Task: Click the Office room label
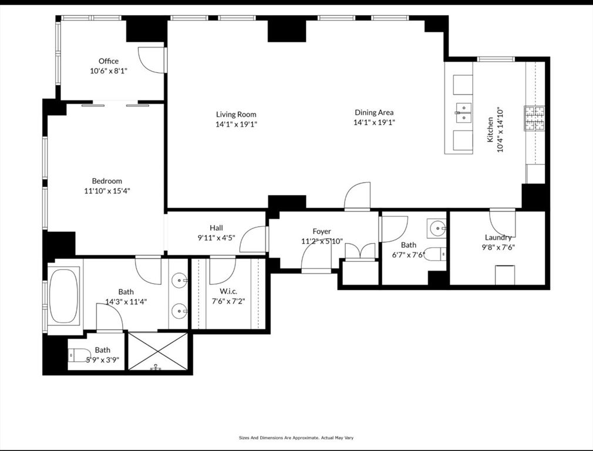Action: click(x=108, y=61)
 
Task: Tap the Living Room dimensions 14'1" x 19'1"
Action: click(x=236, y=124)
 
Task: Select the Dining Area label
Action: click(x=374, y=112)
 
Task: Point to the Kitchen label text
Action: click(x=490, y=130)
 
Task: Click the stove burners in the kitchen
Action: click(x=534, y=118)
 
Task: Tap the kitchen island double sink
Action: click(x=464, y=112)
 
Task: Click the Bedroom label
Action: click(x=107, y=181)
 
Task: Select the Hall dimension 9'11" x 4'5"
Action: click(x=216, y=238)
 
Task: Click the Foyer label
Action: click(x=321, y=231)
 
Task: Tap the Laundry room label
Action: click(x=498, y=237)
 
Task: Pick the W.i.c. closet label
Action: click(x=228, y=291)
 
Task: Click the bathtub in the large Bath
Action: click(x=64, y=295)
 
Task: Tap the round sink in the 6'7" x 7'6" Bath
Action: click(x=436, y=228)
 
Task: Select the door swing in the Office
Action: click(x=151, y=60)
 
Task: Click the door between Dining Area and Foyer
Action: click(x=358, y=196)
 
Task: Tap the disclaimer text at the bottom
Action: click(x=296, y=437)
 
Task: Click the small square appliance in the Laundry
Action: click(x=505, y=275)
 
